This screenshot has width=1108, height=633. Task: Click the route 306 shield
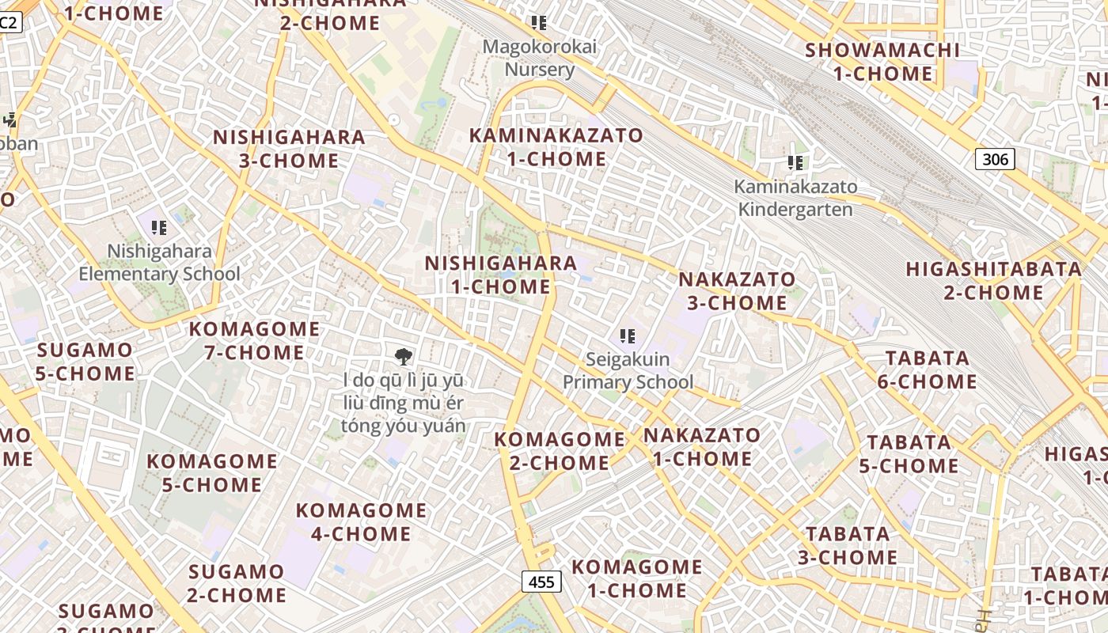pos(994,159)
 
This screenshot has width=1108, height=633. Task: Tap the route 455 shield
pos(541,582)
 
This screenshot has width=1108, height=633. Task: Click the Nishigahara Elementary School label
pos(159,263)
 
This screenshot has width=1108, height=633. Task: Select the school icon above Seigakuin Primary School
pos(628,336)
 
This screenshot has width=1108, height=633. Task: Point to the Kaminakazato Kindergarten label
pos(795,198)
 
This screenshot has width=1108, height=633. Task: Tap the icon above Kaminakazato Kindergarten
pos(795,163)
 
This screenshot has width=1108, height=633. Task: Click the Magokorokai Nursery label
pos(540,58)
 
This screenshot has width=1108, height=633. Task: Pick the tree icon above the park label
pos(404,356)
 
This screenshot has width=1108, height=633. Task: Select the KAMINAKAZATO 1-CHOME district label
pos(556,147)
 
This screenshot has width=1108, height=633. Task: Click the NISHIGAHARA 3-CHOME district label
pos(289,149)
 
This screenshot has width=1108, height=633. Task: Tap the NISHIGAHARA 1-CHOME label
pos(500,275)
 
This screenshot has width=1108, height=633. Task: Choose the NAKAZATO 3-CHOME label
pos(737,291)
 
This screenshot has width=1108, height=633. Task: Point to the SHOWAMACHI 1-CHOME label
pos(882,62)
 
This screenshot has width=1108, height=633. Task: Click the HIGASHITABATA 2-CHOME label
pos(993,281)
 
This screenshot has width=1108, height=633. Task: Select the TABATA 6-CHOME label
pos(927,370)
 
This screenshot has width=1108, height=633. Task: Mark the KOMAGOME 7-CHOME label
pos(254,340)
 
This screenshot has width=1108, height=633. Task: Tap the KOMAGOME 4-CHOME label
pos(361,521)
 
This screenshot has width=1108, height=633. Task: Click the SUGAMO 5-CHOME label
pos(85,361)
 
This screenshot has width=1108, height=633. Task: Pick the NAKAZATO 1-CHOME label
pos(702,446)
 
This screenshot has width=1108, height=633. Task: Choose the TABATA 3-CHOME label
pos(847,545)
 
